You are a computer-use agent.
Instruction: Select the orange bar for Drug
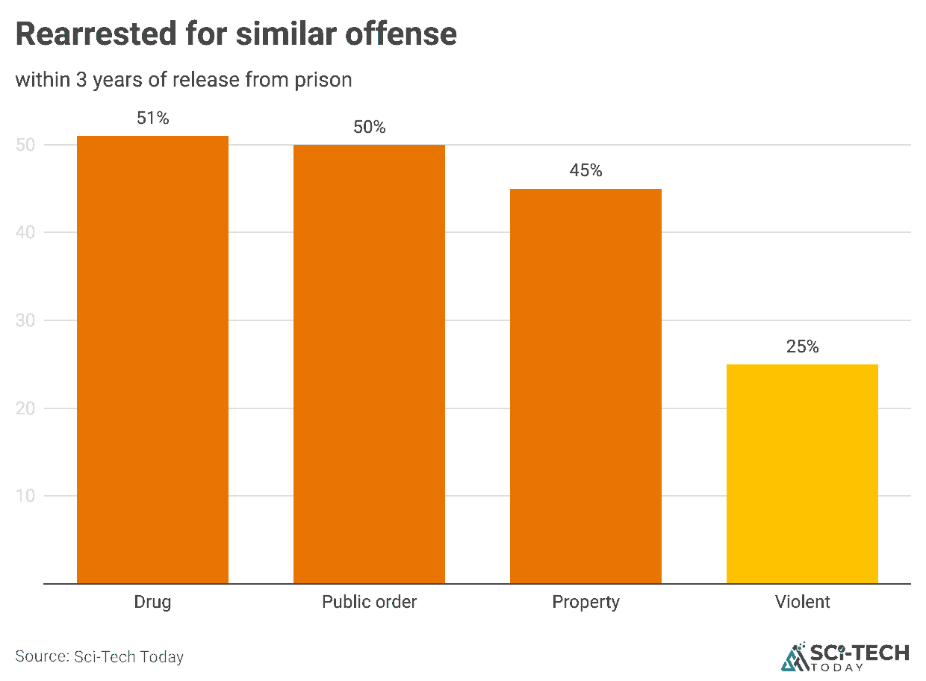click(x=152, y=359)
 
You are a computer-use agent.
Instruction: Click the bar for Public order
click(x=369, y=364)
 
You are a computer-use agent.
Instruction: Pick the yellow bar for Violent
click(x=802, y=473)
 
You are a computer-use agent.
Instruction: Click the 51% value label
click(x=153, y=118)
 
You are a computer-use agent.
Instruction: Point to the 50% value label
click(x=370, y=127)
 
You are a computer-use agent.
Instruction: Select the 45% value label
click(x=585, y=171)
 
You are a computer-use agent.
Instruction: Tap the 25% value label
click(x=802, y=346)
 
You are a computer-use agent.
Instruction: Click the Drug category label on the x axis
click(x=152, y=602)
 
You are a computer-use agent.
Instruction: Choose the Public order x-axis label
click(x=369, y=602)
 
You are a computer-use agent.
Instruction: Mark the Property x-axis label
click(x=585, y=602)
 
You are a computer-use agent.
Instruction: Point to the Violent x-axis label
click(x=802, y=602)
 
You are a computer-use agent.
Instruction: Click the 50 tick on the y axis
click(x=25, y=145)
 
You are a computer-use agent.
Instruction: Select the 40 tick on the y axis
click(x=25, y=233)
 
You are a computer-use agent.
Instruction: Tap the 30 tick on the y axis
click(x=25, y=321)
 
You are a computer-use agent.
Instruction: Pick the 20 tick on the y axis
click(x=25, y=408)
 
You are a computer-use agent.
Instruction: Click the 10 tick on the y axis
click(x=25, y=497)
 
